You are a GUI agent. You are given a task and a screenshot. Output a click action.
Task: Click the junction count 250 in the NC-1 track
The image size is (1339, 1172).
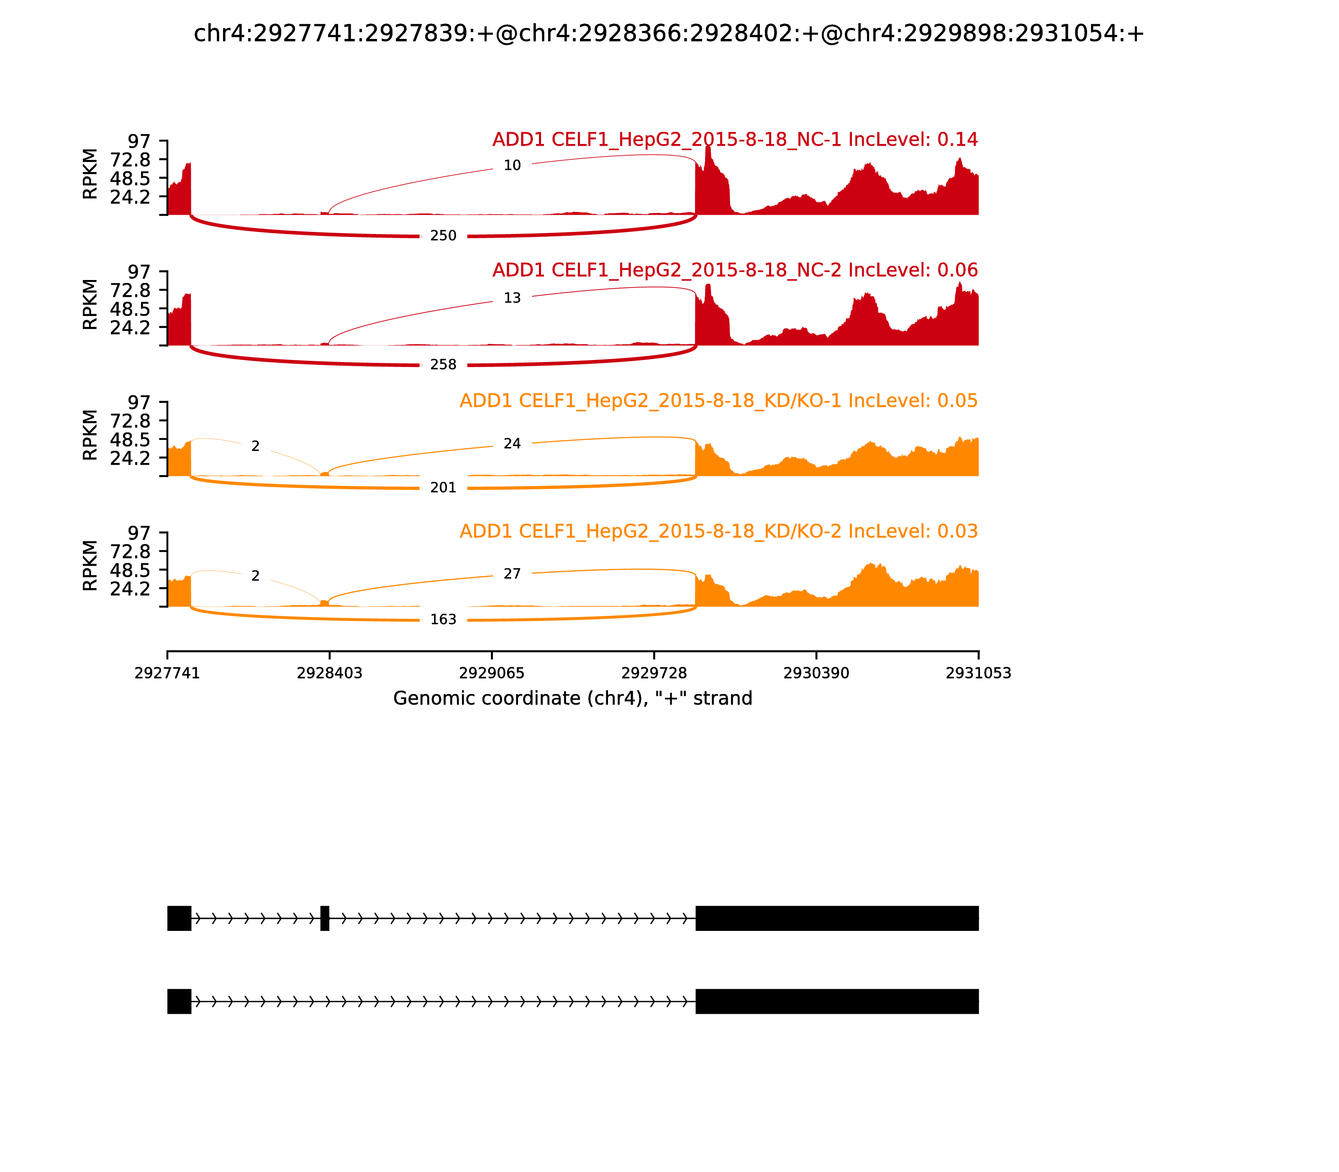(443, 235)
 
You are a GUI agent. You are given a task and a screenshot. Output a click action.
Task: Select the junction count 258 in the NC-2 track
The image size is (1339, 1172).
(443, 364)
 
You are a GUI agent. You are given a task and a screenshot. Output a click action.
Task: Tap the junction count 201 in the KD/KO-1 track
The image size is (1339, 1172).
(443, 487)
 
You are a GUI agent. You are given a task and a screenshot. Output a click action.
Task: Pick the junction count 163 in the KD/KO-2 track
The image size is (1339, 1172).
(443, 619)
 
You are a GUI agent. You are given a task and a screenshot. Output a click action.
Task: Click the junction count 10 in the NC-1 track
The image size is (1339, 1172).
(512, 165)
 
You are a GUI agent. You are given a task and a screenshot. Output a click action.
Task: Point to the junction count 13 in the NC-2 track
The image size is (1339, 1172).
(512, 298)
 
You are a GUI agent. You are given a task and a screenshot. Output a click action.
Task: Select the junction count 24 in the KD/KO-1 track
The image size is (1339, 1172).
(512, 443)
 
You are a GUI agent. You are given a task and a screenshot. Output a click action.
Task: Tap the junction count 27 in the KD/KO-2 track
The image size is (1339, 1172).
(512, 573)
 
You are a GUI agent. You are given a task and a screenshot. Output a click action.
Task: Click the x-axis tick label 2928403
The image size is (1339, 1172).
(330, 673)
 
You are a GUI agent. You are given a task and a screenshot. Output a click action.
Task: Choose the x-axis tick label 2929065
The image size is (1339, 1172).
(492, 673)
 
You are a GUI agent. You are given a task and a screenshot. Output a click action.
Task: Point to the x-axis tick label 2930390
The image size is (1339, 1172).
(816, 673)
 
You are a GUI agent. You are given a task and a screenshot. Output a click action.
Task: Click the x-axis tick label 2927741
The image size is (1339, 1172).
(167, 673)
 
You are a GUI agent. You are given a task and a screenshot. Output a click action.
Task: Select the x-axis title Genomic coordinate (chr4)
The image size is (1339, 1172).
(573, 699)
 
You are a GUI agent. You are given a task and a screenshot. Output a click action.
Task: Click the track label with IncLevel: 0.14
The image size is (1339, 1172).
(734, 139)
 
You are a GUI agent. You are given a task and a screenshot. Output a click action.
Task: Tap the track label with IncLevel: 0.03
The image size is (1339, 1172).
(718, 531)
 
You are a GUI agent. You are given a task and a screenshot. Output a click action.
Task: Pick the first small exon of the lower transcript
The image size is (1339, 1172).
(179, 1001)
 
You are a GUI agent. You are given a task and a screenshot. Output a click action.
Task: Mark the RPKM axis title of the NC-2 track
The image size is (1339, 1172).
(90, 304)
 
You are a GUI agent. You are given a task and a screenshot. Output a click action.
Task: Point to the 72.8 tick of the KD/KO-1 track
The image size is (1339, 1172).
(131, 421)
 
